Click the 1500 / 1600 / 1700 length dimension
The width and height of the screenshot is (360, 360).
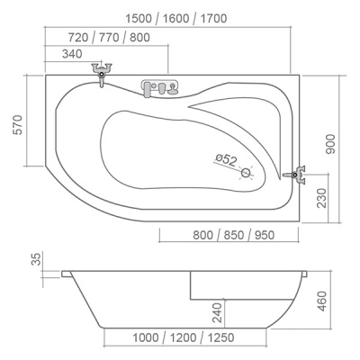pos(176,19)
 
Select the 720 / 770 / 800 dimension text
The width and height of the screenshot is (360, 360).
pos(109,38)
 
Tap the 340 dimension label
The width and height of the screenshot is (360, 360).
pos(72,54)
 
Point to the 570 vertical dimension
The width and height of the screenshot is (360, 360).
pos(18,124)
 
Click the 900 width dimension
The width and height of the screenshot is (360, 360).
pos(330,144)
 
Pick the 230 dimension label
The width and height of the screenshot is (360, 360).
pos(321,198)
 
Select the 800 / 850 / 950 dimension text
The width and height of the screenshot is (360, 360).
pos(233,235)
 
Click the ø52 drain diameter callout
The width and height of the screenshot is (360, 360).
pos(226,160)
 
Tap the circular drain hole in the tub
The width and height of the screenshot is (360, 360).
pos(247,173)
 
